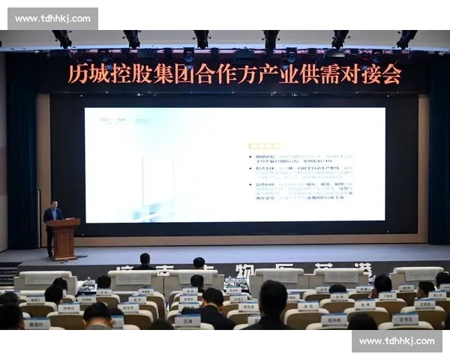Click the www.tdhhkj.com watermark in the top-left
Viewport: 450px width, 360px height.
[52, 18]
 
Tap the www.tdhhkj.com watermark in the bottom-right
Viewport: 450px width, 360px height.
[397, 341]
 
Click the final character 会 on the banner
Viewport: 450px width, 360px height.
[391, 73]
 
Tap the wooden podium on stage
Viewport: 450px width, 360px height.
[64, 238]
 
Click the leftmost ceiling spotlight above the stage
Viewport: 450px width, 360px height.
[63, 38]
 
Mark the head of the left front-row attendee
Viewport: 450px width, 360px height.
[145, 259]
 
